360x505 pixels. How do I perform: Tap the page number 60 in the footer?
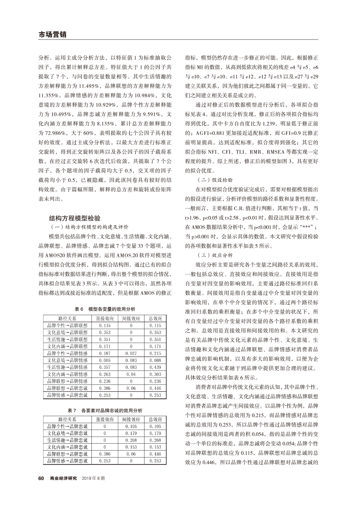coord(41,478)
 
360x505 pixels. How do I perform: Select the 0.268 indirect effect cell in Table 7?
coord(130,440)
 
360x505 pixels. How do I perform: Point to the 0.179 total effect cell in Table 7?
coord(155,433)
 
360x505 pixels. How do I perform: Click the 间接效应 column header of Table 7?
coord(130,419)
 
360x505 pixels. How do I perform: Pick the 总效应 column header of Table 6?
coord(155,318)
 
